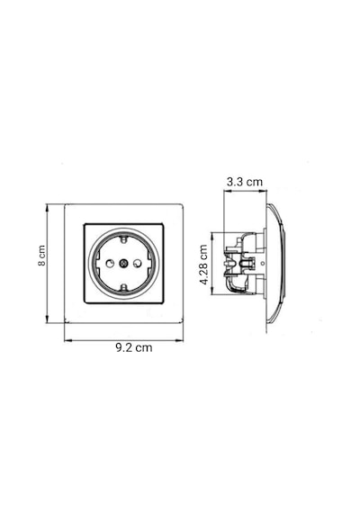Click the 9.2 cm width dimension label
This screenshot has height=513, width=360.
point(134,347)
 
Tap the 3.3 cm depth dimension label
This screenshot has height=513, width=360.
point(245,182)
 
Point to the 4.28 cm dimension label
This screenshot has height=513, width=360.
point(204,265)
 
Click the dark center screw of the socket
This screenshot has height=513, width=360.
point(123,263)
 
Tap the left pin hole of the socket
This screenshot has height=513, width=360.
point(110,263)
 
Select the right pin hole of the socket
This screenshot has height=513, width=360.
point(138,263)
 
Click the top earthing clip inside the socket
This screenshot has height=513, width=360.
point(123,239)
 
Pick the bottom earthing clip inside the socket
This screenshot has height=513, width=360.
point(123,287)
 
